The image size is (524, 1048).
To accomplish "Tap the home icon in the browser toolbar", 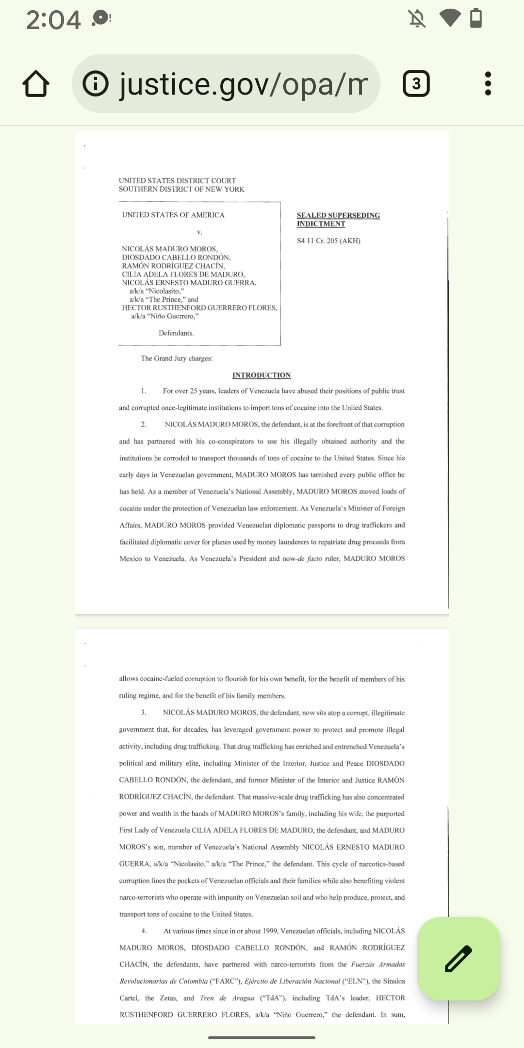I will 36,84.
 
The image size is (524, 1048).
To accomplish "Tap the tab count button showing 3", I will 416,84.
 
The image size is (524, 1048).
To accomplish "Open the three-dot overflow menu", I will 488,84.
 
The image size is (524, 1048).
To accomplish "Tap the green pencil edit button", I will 458,958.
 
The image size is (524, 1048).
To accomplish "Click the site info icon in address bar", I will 96,84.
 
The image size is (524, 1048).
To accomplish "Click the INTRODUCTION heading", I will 262,375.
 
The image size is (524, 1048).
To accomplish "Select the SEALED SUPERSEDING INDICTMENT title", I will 338,219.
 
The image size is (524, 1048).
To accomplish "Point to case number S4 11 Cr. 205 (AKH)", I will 328,241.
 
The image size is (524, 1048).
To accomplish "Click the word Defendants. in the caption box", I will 176,333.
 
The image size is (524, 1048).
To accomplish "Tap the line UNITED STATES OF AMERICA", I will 173,215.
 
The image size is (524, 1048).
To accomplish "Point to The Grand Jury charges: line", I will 177,359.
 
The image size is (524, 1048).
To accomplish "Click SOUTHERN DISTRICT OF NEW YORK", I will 181,189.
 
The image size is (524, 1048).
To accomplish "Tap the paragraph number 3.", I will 144,713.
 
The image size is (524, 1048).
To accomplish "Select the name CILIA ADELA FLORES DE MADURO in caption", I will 183,274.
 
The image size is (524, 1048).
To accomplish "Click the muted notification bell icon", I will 417,19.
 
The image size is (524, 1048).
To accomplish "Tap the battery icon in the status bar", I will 476,18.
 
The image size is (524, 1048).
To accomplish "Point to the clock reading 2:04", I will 53,20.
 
